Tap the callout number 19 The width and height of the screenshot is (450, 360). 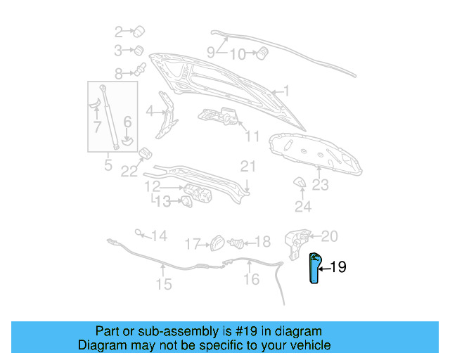coord(338,267)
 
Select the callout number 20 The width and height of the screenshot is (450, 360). coord(330,236)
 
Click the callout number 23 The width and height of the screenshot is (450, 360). coord(321,186)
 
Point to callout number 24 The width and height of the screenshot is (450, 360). coord(302,207)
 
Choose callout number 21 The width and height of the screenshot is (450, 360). coord(247,167)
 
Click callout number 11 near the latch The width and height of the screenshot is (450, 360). coord(252,136)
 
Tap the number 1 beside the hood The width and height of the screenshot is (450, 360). coord(285,91)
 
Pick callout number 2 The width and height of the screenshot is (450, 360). coord(119,31)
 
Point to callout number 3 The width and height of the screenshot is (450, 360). coord(119,50)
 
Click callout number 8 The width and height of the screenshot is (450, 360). coord(119,72)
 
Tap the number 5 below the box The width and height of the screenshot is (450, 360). coord(108,166)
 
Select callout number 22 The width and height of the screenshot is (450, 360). coord(127,171)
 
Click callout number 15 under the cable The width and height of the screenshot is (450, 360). coord(163,284)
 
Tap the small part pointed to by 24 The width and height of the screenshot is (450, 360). coord(298,184)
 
